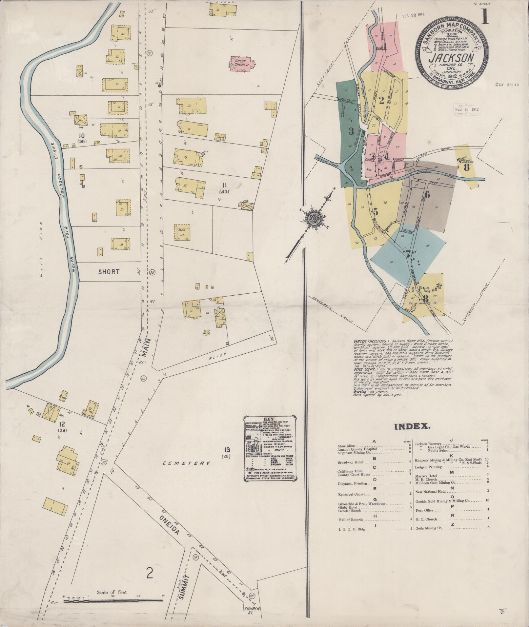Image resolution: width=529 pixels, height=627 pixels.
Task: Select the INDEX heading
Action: (413, 426)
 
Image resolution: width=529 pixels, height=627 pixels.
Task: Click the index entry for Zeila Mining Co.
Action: (430, 528)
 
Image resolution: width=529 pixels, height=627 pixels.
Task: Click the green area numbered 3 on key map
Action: (351, 131)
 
